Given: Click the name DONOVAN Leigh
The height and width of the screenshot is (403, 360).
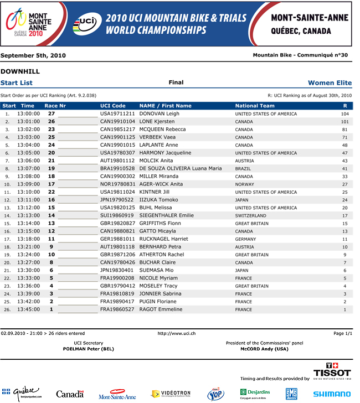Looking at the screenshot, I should pyautogui.click(x=159, y=113).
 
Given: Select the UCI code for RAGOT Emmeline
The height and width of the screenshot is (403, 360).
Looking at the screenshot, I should pyautogui.click(x=117, y=309).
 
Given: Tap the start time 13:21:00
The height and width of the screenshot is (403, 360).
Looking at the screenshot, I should pyautogui.click(x=28, y=247).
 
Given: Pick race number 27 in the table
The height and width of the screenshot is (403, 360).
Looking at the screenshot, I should pyautogui.click(x=51, y=113).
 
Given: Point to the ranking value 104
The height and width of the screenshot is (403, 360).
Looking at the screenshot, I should pyautogui.click(x=344, y=113).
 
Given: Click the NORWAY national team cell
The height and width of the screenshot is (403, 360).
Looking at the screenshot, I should pyautogui.click(x=245, y=184).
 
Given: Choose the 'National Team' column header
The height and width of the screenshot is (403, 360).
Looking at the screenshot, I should pyautogui.click(x=255, y=106).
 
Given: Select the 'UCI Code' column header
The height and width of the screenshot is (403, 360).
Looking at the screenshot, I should pyautogui.click(x=113, y=106).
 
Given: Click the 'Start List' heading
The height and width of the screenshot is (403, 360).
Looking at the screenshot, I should pyautogui.click(x=17, y=83).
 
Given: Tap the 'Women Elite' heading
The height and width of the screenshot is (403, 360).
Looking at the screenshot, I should pyautogui.click(x=330, y=83).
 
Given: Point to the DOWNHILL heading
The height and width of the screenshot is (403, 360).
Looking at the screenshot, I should pyautogui.click(x=20, y=71).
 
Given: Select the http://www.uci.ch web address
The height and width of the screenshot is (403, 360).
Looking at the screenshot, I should pyautogui.click(x=177, y=333).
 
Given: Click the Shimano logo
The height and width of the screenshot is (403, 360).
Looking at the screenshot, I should pyautogui.click(x=331, y=394).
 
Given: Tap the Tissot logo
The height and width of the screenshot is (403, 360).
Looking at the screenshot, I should pyautogui.click(x=332, y=370).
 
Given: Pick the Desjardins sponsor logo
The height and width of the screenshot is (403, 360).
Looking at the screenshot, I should pyautogui.click(x=255, y=394).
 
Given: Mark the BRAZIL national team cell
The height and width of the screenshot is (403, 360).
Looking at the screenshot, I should pyautogui.click(x=244, y=168).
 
